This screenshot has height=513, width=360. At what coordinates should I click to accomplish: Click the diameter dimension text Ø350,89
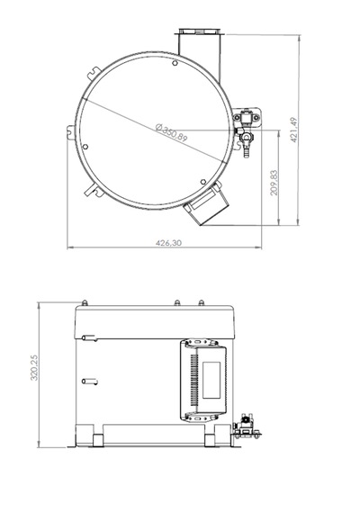pyautogui.click(x=171, y=132)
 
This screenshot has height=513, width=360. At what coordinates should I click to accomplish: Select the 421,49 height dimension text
pyautogui.click(x=294, y=130)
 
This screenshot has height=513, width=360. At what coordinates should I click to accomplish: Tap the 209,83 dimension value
pyautogui.click(x=274, y=183)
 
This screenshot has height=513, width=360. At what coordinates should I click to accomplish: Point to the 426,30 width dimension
pyautogui.click(x=168, y=243)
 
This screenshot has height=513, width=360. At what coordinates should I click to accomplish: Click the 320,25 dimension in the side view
pyautogui.click(x=34, y=368)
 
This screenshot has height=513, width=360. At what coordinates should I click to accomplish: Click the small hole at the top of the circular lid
pyautogui.click(x=175, y=63)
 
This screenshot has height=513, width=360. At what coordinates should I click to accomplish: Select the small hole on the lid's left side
pyautogui.click(x=85, y=147)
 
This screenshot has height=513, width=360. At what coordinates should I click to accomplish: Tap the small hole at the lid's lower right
pyautogui.click(x=202, y=182)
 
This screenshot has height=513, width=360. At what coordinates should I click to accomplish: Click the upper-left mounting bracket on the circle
pyautogui.click(x=94, y=72)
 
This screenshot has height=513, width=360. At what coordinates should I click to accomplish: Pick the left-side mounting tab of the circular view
pyautogui.click(x=71, y=132)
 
